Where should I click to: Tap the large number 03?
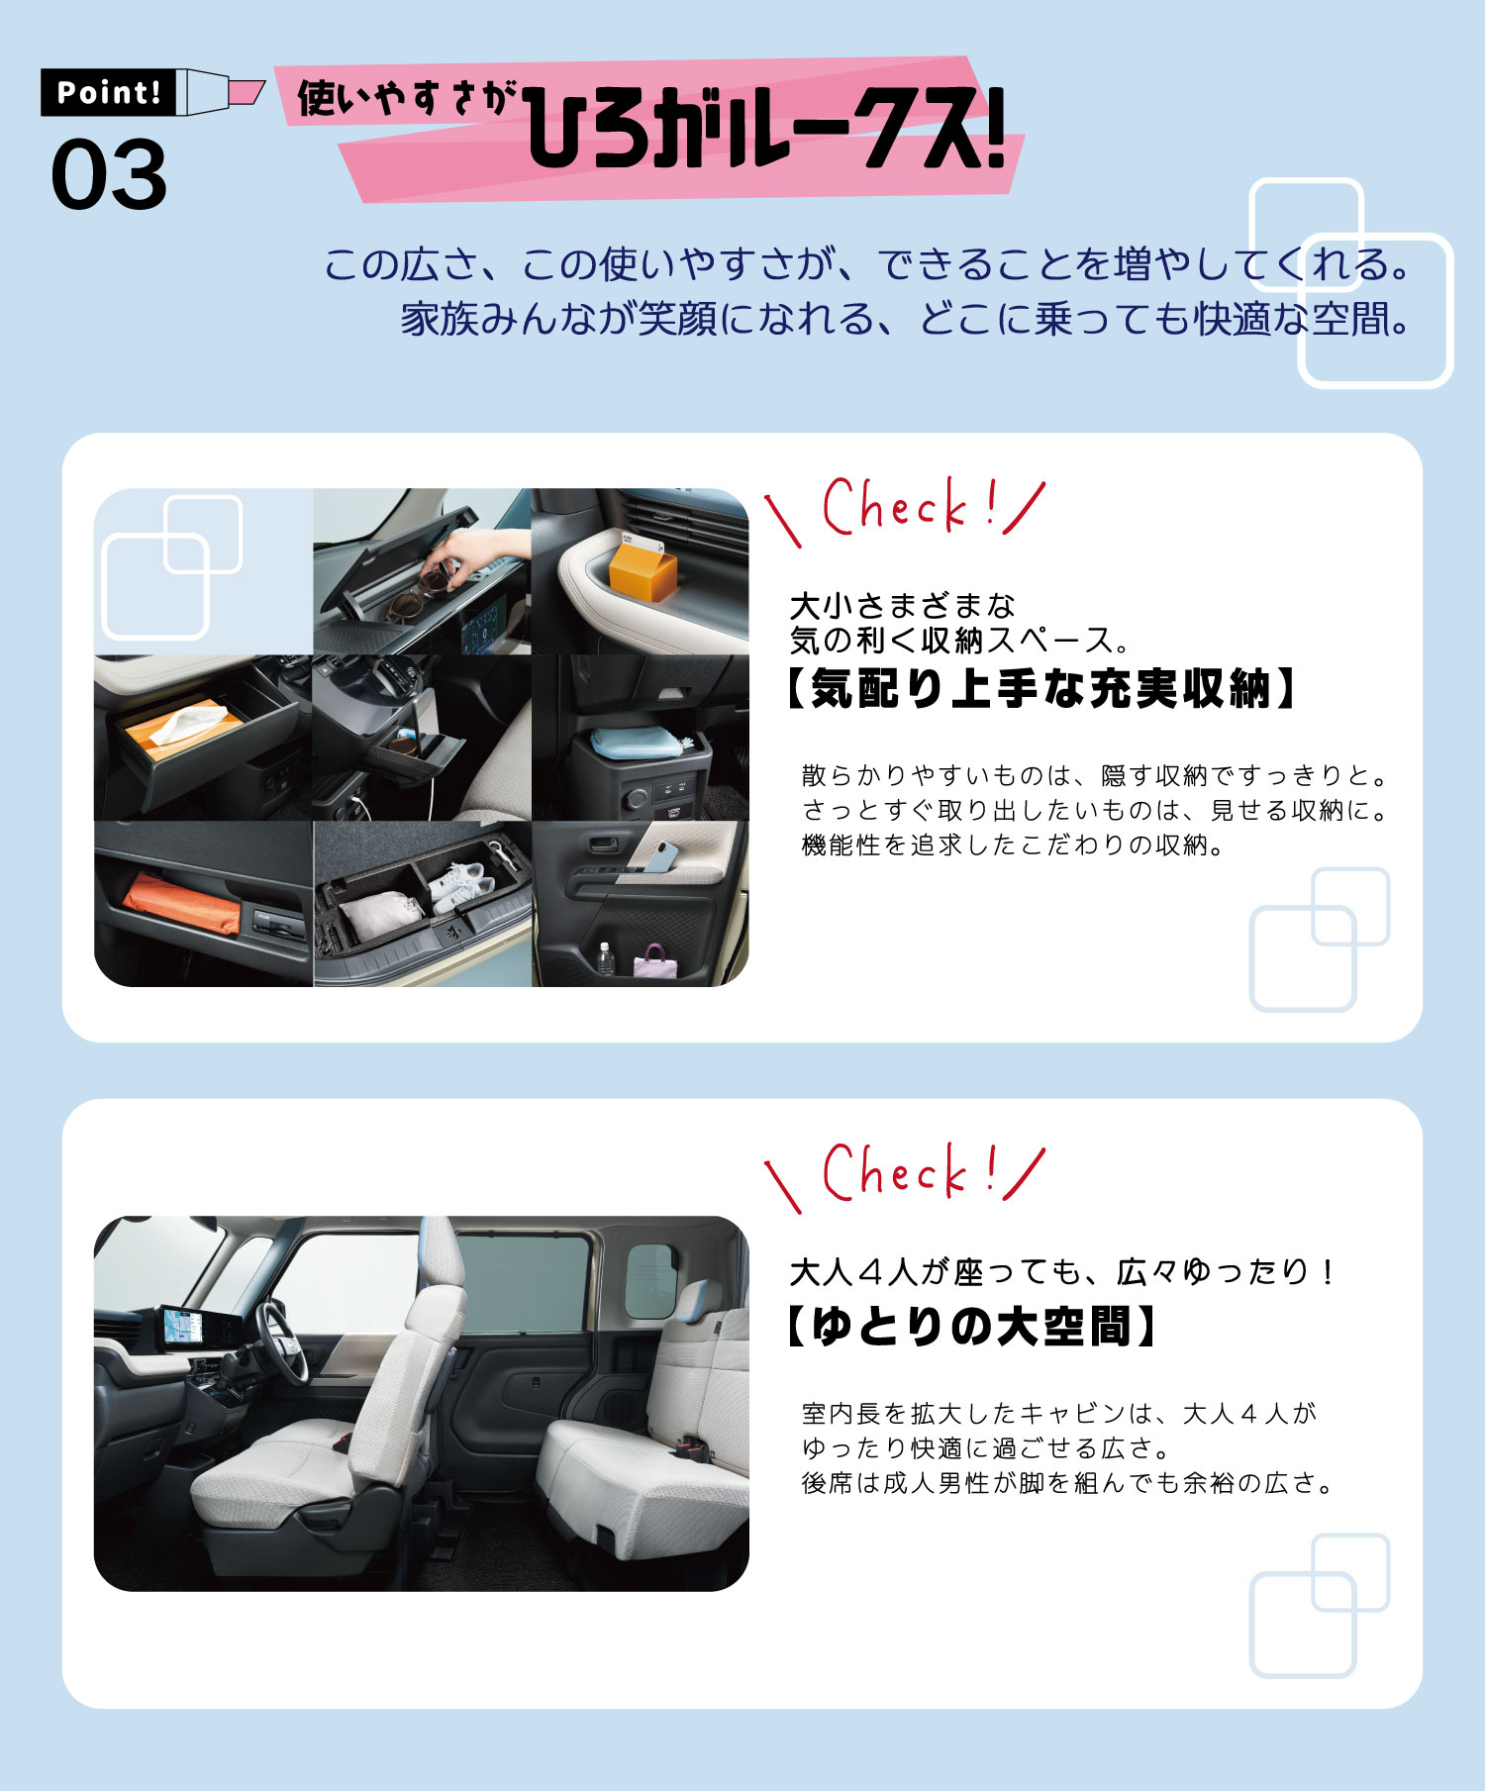click(x=109, y=175)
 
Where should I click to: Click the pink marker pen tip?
click(x=247, y=92)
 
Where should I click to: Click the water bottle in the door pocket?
click(x=605, y=958)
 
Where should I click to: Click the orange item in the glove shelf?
click(x=181, y=902)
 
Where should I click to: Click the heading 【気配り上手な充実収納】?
click(x=1040, y=689)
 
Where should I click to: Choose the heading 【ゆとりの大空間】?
click(x=970, y=1327)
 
